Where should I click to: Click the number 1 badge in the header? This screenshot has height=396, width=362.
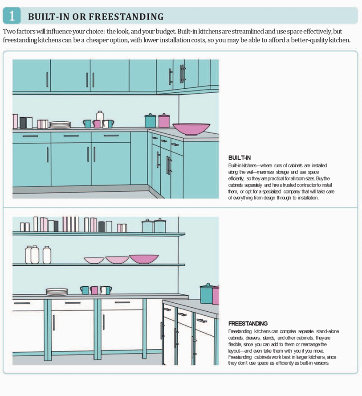12,16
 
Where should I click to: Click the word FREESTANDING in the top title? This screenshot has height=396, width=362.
126,16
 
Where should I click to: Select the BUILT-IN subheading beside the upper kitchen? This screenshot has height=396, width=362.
240,158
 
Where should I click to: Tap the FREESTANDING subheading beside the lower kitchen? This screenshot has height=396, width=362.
248,323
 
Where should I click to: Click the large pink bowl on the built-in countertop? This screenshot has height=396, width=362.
191,129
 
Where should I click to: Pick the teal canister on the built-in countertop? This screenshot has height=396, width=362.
150,121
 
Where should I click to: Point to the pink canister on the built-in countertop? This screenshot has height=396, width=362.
164,121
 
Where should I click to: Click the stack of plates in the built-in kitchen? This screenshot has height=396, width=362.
60,125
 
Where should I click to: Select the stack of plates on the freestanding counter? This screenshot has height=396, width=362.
57,292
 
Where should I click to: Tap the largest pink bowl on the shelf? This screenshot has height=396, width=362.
144,259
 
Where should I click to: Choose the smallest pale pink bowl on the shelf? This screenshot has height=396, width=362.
94,260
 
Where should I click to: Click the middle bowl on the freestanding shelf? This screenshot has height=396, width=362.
117,260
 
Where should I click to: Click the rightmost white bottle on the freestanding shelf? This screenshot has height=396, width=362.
47,255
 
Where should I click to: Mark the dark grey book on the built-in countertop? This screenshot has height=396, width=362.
23,123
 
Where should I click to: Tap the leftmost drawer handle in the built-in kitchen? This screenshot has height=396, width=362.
30,136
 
